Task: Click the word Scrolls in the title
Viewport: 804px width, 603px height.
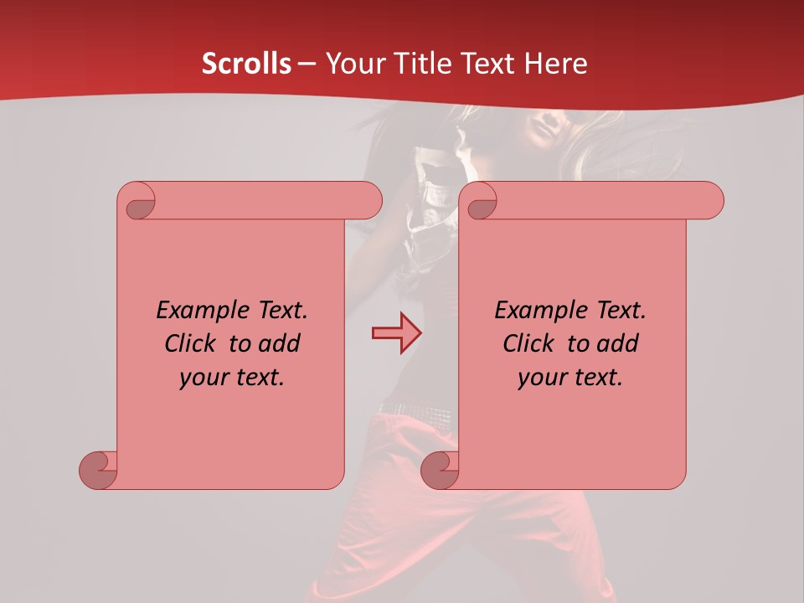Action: (x=246, y=64)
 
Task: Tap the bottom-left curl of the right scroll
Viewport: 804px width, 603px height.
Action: (x=440, y=470)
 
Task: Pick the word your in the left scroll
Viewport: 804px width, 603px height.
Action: (x=200, y=378)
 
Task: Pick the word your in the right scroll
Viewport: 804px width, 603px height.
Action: (x=539, y=378)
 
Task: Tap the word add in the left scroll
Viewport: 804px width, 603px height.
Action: (x=279, y=343)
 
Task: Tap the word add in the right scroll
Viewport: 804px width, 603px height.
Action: (x=617, y=343)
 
